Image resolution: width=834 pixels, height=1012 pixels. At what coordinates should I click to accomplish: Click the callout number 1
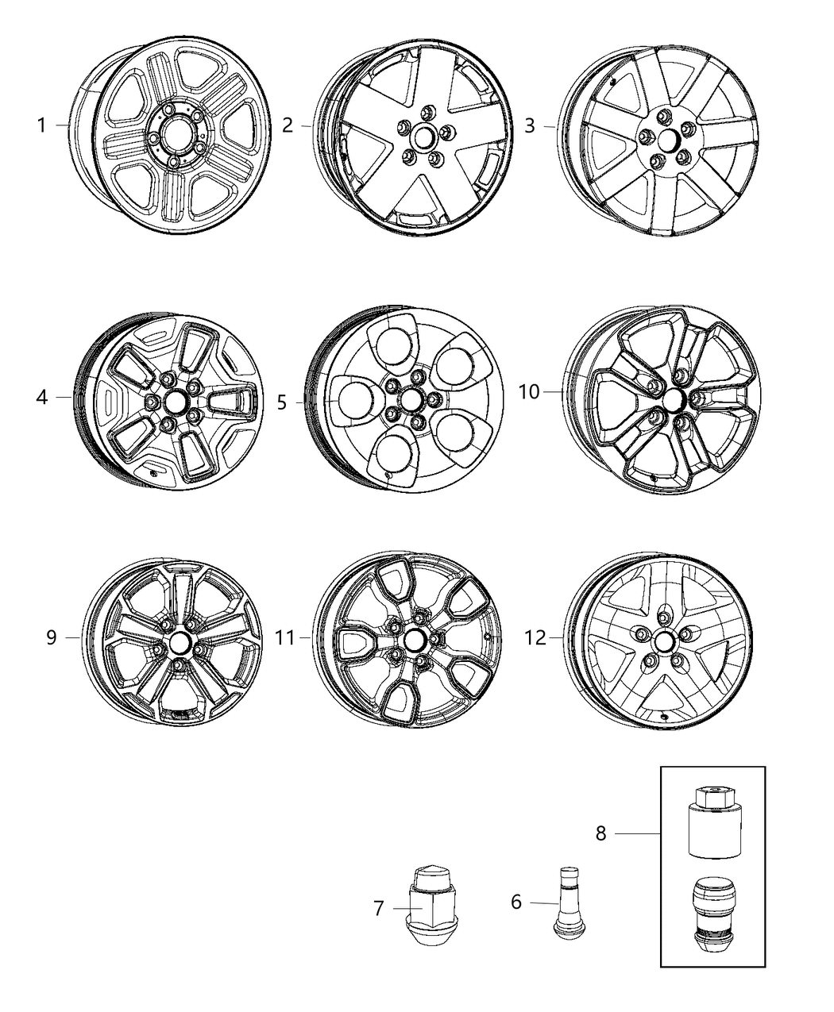41,125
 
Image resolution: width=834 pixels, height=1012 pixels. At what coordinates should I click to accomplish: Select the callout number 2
288,125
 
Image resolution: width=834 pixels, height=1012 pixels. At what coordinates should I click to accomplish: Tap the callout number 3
530,125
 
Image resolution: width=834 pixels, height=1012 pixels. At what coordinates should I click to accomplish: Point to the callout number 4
42,397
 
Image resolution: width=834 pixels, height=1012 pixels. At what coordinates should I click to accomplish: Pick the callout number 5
282,402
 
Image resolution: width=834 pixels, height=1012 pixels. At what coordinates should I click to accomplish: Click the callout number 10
529,391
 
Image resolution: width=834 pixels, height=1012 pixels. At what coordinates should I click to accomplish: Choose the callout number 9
52,637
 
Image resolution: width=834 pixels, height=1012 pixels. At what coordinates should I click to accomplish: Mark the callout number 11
285,637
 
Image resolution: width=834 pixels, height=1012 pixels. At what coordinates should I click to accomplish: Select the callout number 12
536,637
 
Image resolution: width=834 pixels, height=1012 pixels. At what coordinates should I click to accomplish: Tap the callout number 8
600,833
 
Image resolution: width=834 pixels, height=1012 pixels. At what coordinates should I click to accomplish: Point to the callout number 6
516,902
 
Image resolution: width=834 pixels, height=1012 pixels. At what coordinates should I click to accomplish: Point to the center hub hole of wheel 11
414,640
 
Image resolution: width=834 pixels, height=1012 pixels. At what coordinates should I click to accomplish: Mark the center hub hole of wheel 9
179,641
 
